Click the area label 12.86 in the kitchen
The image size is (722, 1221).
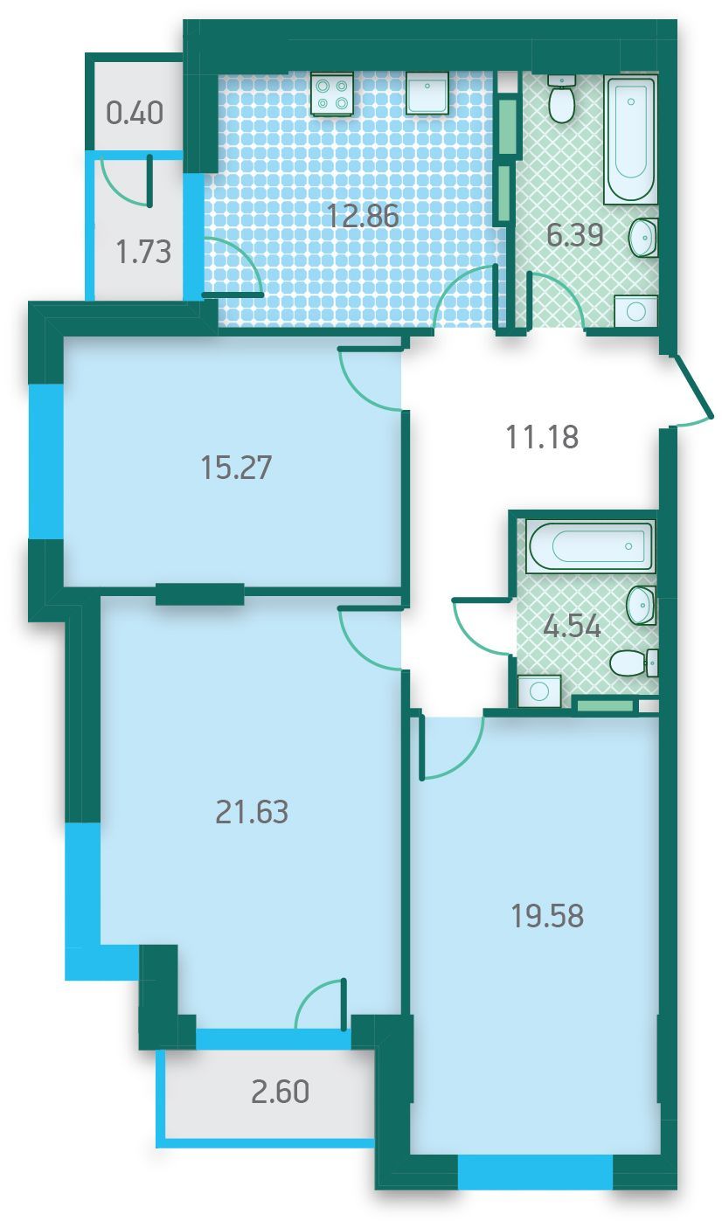point(363,216)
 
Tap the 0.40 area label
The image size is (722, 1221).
point(135,114)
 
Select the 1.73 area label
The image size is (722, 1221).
point(144,252)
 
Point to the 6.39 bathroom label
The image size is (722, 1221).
point(575,235)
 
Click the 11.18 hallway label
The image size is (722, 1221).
point(542,437)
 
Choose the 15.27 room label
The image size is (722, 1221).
point(236,468)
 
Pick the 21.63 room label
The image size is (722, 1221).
point(252,811)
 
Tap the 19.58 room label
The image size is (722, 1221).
point(547,916)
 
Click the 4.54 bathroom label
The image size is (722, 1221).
point(573,626)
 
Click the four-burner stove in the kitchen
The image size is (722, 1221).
point(332,94)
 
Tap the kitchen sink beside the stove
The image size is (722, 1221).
point(427,94)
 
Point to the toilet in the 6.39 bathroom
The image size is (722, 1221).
point(560,100)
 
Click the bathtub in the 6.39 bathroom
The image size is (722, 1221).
point(631,140)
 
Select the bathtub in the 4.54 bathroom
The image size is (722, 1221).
point(591,545)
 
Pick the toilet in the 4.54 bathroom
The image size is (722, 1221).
point(634,663)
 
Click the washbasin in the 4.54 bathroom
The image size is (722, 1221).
point(642,605)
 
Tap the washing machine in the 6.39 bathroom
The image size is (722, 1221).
point(635,312)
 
